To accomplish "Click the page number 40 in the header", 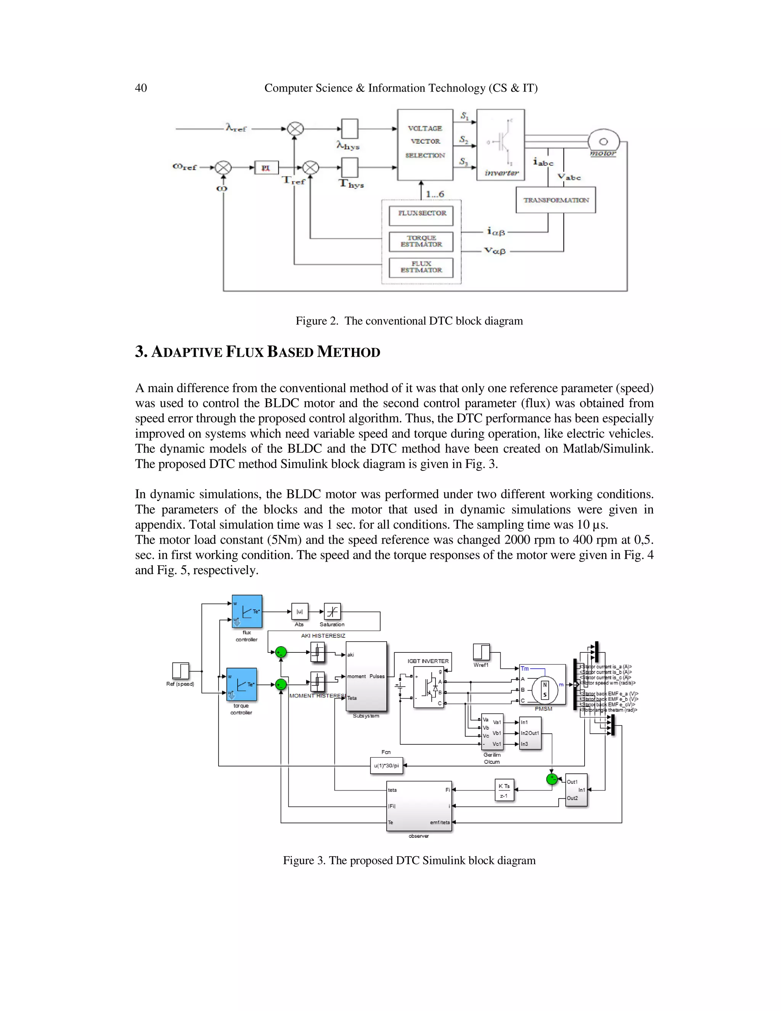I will tap(141, 88).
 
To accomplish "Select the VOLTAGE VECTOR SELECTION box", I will tap(425, 145).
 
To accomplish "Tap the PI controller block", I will tap(266, 167).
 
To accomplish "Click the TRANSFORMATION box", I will tap(555, 200).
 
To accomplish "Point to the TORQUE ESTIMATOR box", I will tap(421, 241).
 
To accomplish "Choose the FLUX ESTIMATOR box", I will tap(421, 267).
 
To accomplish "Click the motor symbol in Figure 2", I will tap(603, 143).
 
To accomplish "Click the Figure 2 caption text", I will tap(409, 321).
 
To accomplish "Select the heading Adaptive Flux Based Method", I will tap(257, 352).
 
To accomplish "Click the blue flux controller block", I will tap(247, 611).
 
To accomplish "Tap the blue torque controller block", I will tap(241, 684).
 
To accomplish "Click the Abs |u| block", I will tap(299, 612).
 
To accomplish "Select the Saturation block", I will tap(332, 612).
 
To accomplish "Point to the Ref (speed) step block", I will tap(180, 671).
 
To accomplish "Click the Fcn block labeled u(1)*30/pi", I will tap(386, 766).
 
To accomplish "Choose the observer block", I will tap(419, 806).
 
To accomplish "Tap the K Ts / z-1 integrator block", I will tap(504, 790).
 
